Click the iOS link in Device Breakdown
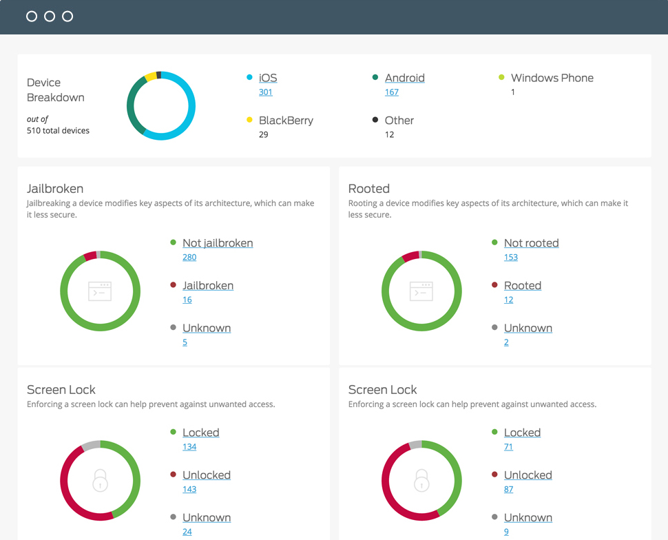(268, 78)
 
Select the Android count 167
(392, 92)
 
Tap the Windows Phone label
(552, 78)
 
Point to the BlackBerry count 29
(264, 135)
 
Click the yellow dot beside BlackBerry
(250, 120)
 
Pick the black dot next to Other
(375, 120)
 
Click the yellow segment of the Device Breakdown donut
(150, 76)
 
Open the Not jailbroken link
(218, 243)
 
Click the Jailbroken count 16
(187, 300)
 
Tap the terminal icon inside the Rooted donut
(421, 291)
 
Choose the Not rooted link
(531, 243)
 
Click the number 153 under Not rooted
(511, 257)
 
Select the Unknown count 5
(185, 342)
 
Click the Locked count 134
(189, 446)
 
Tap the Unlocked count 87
(509, 489)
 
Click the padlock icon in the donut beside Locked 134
(100, 480)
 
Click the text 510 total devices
(58, 130)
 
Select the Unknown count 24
(187, 532)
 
